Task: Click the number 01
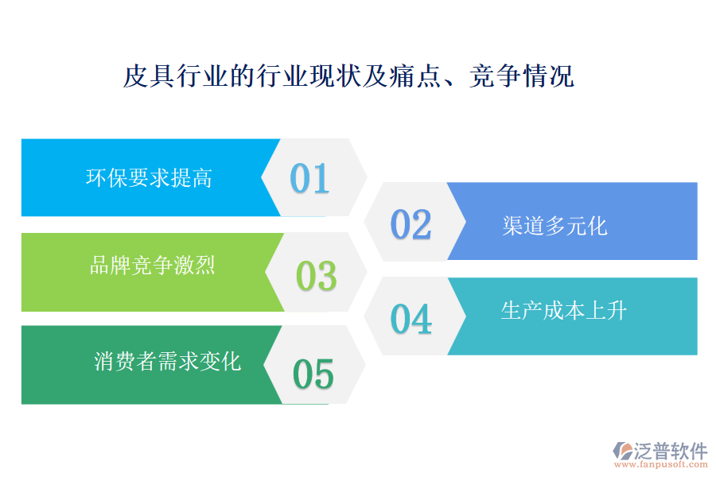(309, 178)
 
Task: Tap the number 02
(411, 224)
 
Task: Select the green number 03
(316, 275)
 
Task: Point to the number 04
(411, 319)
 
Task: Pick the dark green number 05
(313, 374)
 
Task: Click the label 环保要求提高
(149, 177)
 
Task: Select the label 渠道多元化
(555, 226)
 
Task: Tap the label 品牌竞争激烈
(152, 265)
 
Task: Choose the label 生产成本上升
(564, 310)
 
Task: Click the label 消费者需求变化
(167, 362)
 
